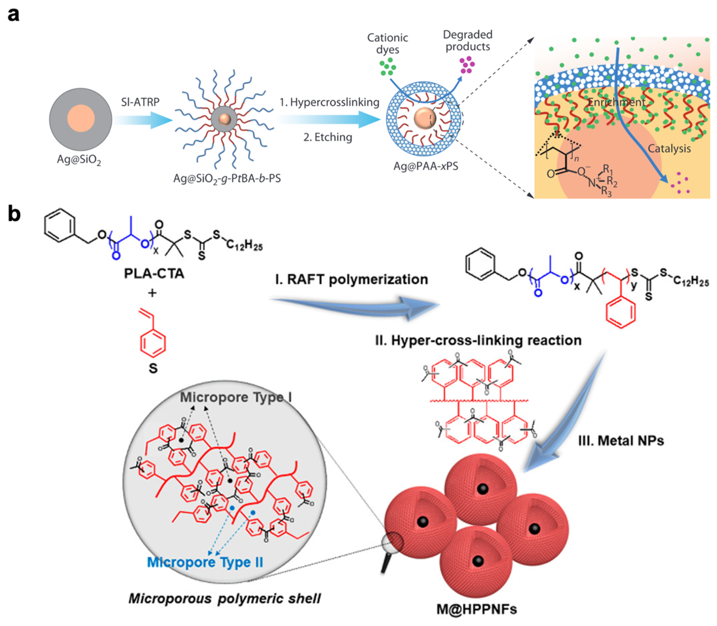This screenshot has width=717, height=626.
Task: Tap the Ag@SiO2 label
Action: click(x=79, y=160)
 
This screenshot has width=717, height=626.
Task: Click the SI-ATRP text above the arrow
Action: click(x=140, y=102)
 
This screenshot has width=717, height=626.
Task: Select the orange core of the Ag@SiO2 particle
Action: click(x=81, y=118)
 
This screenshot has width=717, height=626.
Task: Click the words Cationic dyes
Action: click(x=387, y=43)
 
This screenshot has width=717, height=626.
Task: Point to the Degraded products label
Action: click(x=467, y=40)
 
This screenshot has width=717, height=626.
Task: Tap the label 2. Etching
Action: click(x=328, y=137)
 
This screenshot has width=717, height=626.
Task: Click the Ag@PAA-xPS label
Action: click(x=425, y=166)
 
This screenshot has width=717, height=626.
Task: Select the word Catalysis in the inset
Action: click(x=669, y=148)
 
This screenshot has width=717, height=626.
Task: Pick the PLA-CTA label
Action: click(x=154, y=273)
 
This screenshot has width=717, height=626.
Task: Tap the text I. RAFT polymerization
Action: click(x=351, y=279)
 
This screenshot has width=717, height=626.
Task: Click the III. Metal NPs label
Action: click(x=621, y=441)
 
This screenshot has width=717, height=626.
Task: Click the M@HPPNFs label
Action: click(x=477, y=609)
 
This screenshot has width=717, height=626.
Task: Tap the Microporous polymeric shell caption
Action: click(x=224, y=598)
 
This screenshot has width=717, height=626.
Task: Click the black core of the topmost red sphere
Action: click(x=483, y=488)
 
